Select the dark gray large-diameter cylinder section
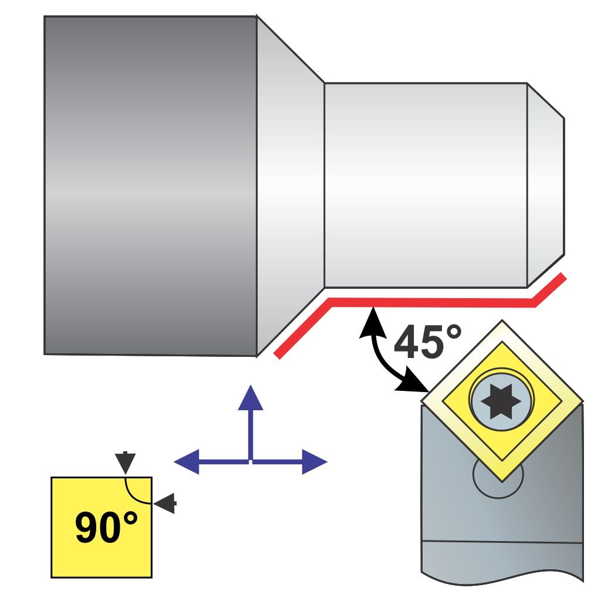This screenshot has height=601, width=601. (x=150, y=185)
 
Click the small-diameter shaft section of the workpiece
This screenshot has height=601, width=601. (x=426, y=185)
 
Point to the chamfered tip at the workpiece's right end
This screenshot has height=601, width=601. (x=546, y=185)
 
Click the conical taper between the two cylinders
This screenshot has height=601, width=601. (x=291, y=185)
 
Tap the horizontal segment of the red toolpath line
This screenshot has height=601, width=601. (x=431, y=302)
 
